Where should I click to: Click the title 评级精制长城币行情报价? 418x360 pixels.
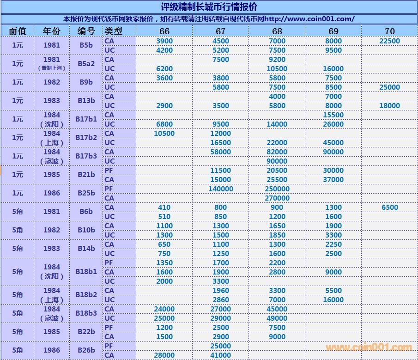click(209, 7)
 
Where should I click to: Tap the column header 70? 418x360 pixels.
click(389, 31)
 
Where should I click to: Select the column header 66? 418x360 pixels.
click(164, 31)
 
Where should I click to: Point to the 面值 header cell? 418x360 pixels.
click(18, 31)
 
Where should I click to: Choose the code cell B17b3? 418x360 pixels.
click(86, 156)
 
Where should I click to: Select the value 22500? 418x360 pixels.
click(389, 41)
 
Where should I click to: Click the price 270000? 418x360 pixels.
click(277, 198)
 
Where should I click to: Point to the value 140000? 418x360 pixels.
click(221, 189)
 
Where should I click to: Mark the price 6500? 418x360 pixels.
click(389, 207)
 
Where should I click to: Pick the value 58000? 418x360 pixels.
click(221, 152)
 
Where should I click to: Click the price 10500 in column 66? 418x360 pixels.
click(164, 133)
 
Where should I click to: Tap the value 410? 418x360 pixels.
click(164, 207)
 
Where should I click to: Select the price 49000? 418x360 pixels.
click(277, 318)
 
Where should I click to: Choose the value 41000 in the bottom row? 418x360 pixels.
click(221, 355)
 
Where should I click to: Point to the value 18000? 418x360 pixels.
click(389, 105)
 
